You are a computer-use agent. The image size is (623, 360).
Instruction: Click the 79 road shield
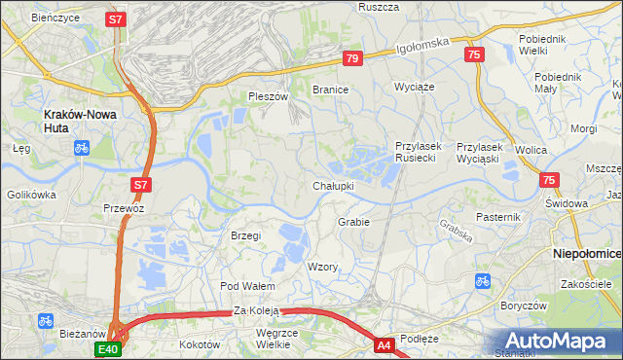[352, 59]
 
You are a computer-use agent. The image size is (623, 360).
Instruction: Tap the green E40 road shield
[107, 349]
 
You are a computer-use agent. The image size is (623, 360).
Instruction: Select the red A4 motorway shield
[385, 343]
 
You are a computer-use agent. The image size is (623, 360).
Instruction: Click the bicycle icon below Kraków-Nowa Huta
[82, 149]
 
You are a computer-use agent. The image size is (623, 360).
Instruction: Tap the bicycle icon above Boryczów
[482, 281]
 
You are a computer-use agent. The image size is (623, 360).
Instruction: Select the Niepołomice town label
[586, 253]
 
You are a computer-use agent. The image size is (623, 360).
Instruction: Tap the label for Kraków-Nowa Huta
[81, 114]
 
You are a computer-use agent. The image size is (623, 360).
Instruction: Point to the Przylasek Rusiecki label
[419, 152]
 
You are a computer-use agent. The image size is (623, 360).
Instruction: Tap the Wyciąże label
[413, 87]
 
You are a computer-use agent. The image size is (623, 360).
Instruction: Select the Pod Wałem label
[247, 286]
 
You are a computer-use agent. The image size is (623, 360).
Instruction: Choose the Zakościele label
[585, 284]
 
